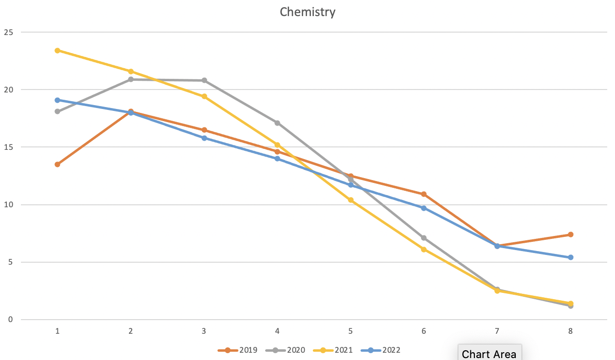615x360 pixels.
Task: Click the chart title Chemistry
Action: click(x=307, y=12)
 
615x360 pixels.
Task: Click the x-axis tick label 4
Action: click(x=277, y=331)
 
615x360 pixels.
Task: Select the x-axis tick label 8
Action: click(x=570, y=331)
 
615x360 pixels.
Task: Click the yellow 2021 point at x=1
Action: click(x=57, y=51)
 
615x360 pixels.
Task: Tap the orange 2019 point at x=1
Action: click(x=57, y=164)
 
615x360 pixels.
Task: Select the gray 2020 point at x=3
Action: click(x=204, y=80)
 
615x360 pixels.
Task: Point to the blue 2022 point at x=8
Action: click(x=571, y=257)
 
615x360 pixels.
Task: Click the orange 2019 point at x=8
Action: click(x=571, y=234)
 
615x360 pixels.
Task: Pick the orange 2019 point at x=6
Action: click(x=424, y=194)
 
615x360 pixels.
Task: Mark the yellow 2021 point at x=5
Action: click(x=351, y=200)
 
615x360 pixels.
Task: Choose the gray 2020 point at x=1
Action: click(x=57, y=111)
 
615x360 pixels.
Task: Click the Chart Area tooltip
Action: click(x=489, y=354)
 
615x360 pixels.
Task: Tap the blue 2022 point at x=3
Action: click(x=204, y=138)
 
